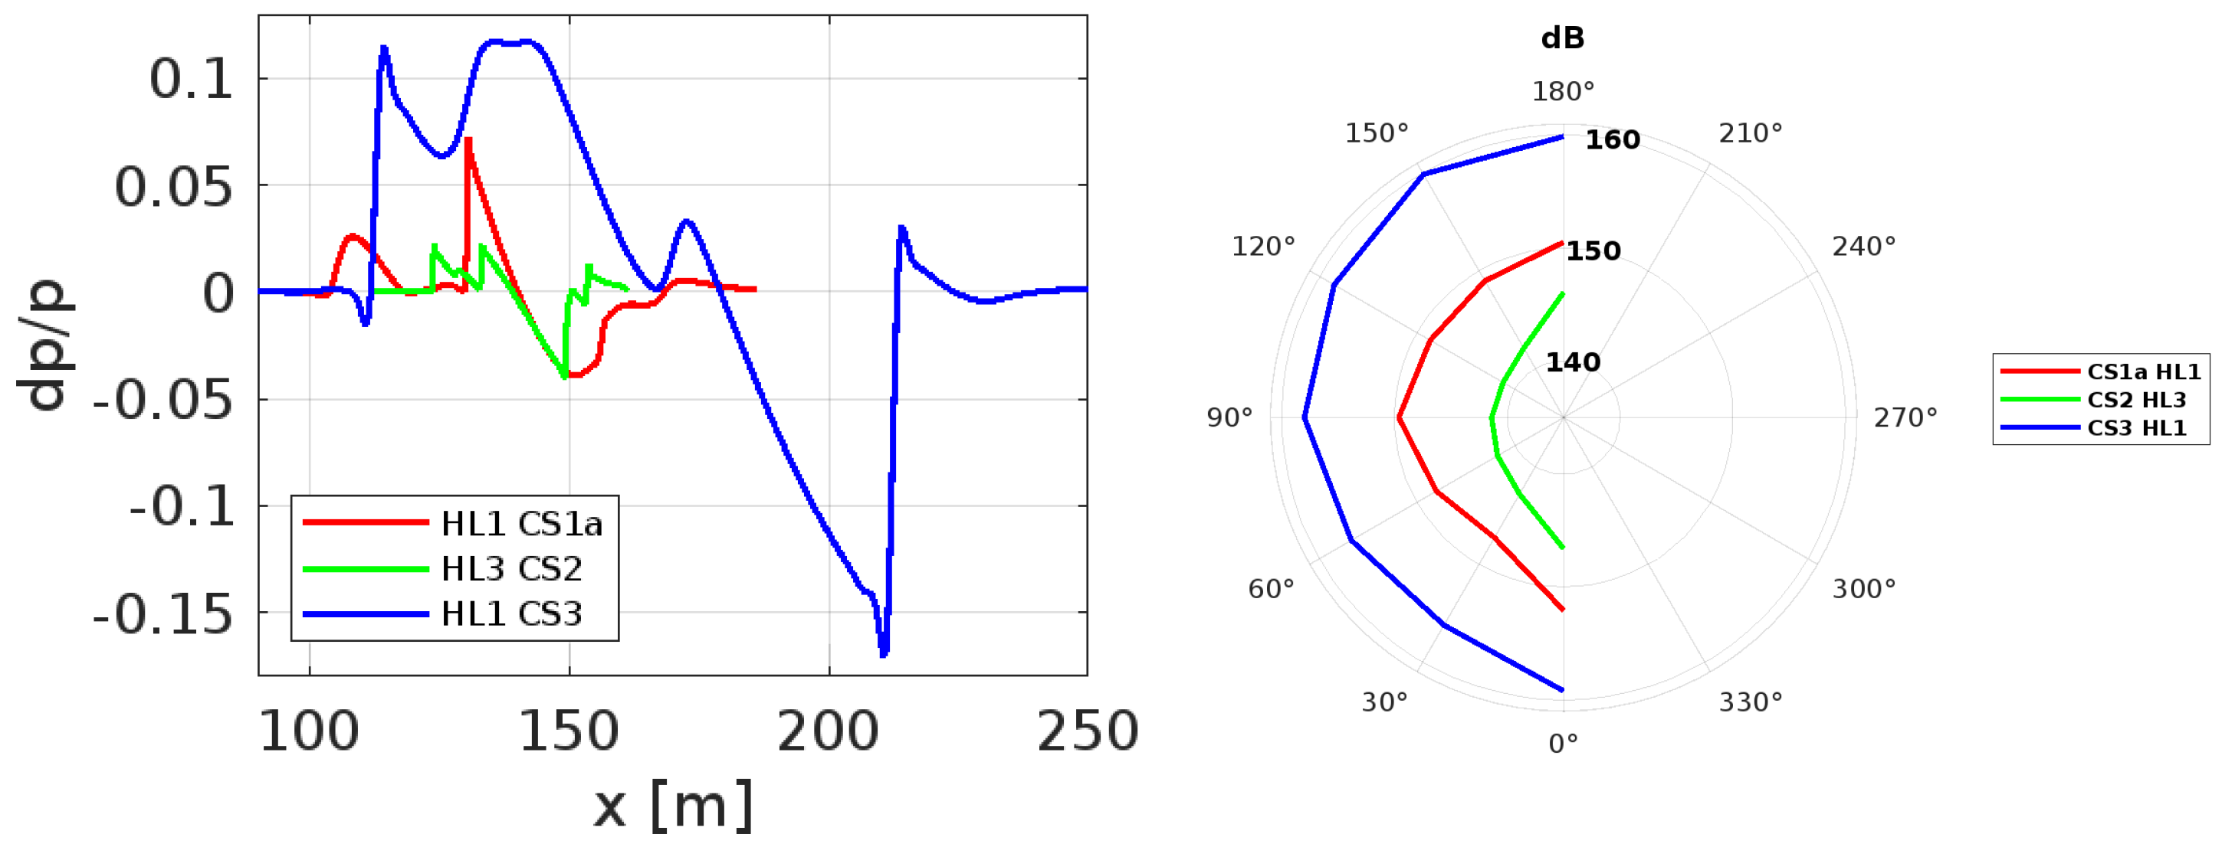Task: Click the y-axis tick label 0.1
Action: tap(191, 80)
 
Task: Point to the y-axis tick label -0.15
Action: tap(163, 615)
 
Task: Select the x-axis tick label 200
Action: tap(828, 731)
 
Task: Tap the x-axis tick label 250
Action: tap(1088, 731)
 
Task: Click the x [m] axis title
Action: tap(674, 805)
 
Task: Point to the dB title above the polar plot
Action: tap(1562, 38)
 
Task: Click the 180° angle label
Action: tap(1563, 91)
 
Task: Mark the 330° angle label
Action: tap(1750, 702)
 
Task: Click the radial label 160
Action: tap(1612, 139)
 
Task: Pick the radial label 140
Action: tap(1573, 362)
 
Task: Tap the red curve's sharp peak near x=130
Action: tap(467, 139)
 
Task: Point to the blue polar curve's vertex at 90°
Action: tap(1305, 418)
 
